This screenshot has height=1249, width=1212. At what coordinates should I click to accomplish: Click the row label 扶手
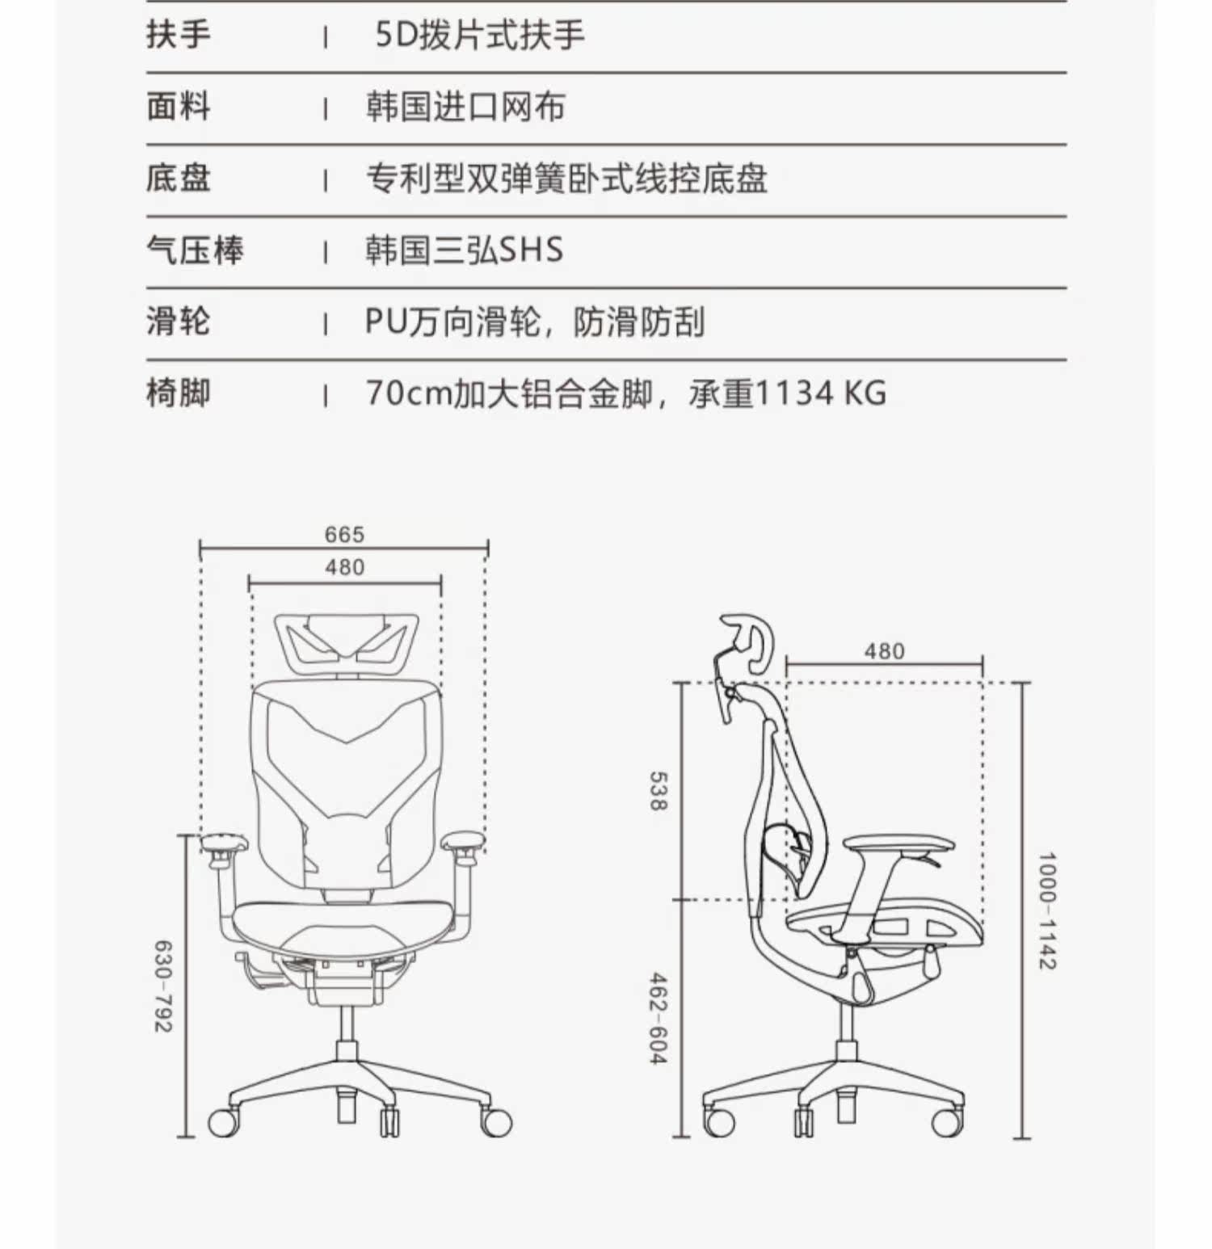[178, 36]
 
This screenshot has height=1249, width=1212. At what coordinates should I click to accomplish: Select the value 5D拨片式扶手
[479, 36]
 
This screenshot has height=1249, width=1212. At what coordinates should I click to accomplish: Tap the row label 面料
[178, 107]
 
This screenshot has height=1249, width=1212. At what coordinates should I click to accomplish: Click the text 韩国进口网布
[465, 107]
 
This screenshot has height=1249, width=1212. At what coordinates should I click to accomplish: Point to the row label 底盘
[178, 179]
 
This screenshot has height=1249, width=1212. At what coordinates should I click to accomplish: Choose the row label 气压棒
[195, 250]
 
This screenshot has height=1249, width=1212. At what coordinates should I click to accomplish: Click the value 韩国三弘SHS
[464, 250]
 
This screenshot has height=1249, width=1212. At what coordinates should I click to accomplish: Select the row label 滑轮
[178, 322]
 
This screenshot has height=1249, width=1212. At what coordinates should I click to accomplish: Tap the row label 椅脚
[178, 393]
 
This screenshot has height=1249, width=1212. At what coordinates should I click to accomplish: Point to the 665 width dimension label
[344, 534]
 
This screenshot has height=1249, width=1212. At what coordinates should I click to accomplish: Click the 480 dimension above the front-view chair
[344, 567]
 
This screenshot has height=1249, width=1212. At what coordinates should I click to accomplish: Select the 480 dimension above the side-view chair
[884, 651]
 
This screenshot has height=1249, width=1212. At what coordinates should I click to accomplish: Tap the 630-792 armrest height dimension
[163, 986]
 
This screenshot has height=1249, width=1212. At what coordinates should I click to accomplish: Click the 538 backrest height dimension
[659, 791]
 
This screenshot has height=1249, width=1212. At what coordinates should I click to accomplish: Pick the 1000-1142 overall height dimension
[1046, 910]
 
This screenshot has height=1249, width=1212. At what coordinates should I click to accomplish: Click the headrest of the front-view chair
[347, 643]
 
